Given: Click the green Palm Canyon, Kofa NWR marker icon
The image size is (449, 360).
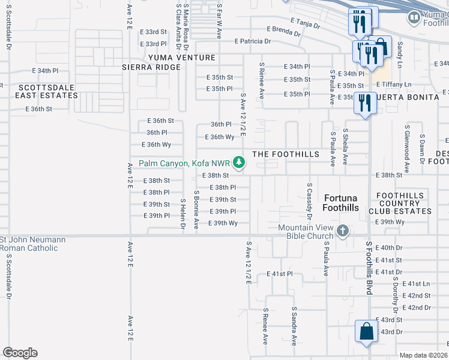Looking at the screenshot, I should [x=239, y=163].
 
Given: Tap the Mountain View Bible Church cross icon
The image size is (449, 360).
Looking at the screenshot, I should [x=342, y=231].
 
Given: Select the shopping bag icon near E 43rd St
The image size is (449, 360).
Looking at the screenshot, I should [x=366, y=332].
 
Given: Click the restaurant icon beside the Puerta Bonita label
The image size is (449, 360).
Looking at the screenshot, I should [x=364, y=103].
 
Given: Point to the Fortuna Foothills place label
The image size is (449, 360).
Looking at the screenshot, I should [x=341, y=203].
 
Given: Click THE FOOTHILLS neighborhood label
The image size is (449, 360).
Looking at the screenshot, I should [x=286, y=154].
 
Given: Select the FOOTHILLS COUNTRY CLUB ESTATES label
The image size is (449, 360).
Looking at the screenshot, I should [x=403, y=203].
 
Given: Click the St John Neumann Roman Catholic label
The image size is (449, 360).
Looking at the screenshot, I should [x=32, y=244].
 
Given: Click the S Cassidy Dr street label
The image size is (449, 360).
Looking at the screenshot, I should [x=309, y=201].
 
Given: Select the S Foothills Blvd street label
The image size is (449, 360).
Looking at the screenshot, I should [x=368, y=268].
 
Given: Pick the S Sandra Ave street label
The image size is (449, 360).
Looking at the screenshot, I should [x=294, y=326].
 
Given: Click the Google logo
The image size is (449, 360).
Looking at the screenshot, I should [x=20, y=353].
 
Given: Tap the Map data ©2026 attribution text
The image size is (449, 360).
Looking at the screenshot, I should [x=423, y=355].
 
